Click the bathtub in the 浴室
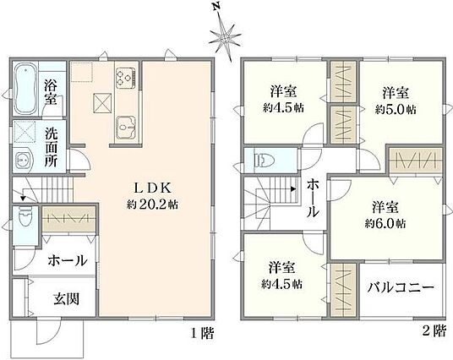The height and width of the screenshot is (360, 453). tap(25, 89)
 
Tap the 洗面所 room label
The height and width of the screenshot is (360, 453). tap(51, 147)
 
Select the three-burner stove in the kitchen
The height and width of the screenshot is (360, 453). tap(126, 78)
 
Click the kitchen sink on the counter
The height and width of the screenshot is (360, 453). tap(126, 128)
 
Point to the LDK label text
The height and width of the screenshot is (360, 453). tap(152, 188)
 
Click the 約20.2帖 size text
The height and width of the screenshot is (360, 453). tap(152, 205)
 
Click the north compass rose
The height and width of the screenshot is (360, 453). tap(225, 36)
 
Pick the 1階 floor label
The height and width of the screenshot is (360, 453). tap(203, 334)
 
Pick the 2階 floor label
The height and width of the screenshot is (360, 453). tap(434, 330)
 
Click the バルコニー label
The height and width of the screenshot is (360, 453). tap(401, 287)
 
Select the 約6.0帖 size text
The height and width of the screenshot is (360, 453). tap(385, 224)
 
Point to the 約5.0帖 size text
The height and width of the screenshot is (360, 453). tap(396, 110)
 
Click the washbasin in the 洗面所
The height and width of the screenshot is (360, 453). tap(23, 158)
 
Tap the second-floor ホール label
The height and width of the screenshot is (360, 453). tap(313, 198)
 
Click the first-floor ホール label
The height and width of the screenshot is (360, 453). tap(67, 261)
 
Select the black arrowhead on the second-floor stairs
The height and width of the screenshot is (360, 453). tap(293, 189)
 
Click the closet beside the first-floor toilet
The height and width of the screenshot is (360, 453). tap(68, 219)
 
